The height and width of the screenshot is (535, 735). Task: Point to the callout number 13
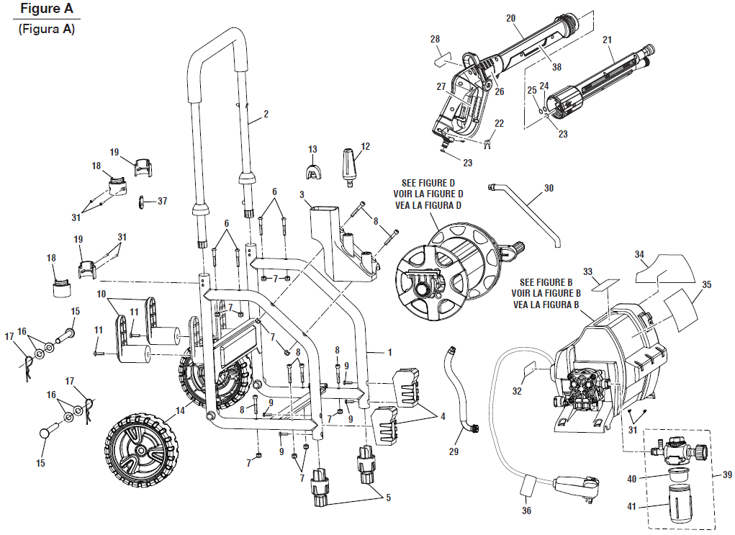coord(312,149)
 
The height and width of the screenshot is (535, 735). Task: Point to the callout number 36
coord(527,511)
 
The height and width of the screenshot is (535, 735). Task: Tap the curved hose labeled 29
coord(456,389)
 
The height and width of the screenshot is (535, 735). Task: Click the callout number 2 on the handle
coord(266,114)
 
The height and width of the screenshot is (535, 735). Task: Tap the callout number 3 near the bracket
coord(302,194)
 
